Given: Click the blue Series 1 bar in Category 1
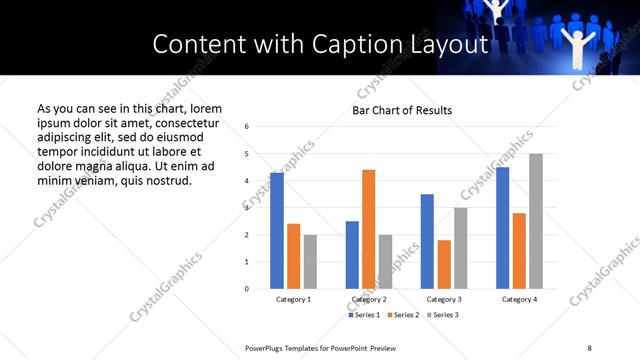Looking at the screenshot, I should pyautogui.click(x=277, y=231).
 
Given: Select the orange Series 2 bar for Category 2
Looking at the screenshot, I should pyautogui.click(x=368, y=229).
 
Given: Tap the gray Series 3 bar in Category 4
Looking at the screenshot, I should pyautogui.click(x=536, y=221).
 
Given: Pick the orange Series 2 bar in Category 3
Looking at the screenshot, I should pyautogui.click(x=444, y=264).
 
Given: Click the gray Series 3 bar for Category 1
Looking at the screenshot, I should pyautogui.click(x=310, y=262).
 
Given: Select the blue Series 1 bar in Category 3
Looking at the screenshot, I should pyautogui.click(x=427, y=241).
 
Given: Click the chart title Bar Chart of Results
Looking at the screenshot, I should pyautogui.click(x=402, y=110).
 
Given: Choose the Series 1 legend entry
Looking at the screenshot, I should pyautogui.click(x=363, y=315).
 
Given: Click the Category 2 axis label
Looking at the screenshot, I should pyautogui.click(x=369, y=300).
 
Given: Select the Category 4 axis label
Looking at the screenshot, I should pyautogui.click(x=519, y=300).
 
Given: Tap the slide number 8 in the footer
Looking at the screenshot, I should pyautogui.click(x=589, y=347).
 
